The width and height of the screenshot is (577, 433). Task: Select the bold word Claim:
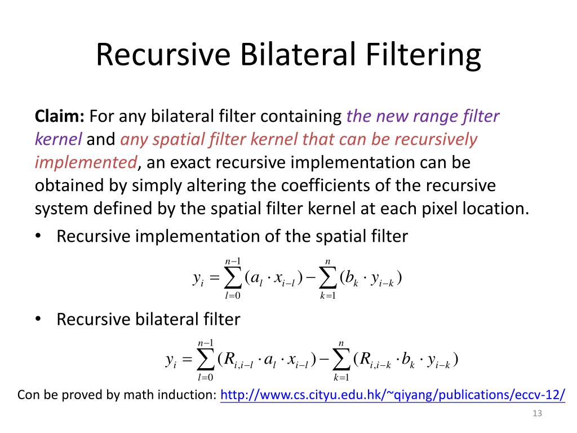click(x=60, y=117)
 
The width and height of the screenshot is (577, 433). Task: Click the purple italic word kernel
click(x=59, y=139)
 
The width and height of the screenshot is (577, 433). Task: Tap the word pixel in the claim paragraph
click(x=437, y=209)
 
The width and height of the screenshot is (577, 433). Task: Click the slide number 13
click(x=536, y=414)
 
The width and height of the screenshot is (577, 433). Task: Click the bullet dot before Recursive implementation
click(x=39, y=237)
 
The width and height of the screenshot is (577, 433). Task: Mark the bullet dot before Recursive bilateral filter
click(x=39, y=320)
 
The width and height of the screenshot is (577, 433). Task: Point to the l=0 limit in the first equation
click(x=233, y=296)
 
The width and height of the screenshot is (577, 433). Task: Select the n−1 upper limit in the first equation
click(x=233, y=260)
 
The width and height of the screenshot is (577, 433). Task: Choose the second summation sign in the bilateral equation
click(x=341, y=360)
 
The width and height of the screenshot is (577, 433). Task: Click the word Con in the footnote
click(x=30, y=395)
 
